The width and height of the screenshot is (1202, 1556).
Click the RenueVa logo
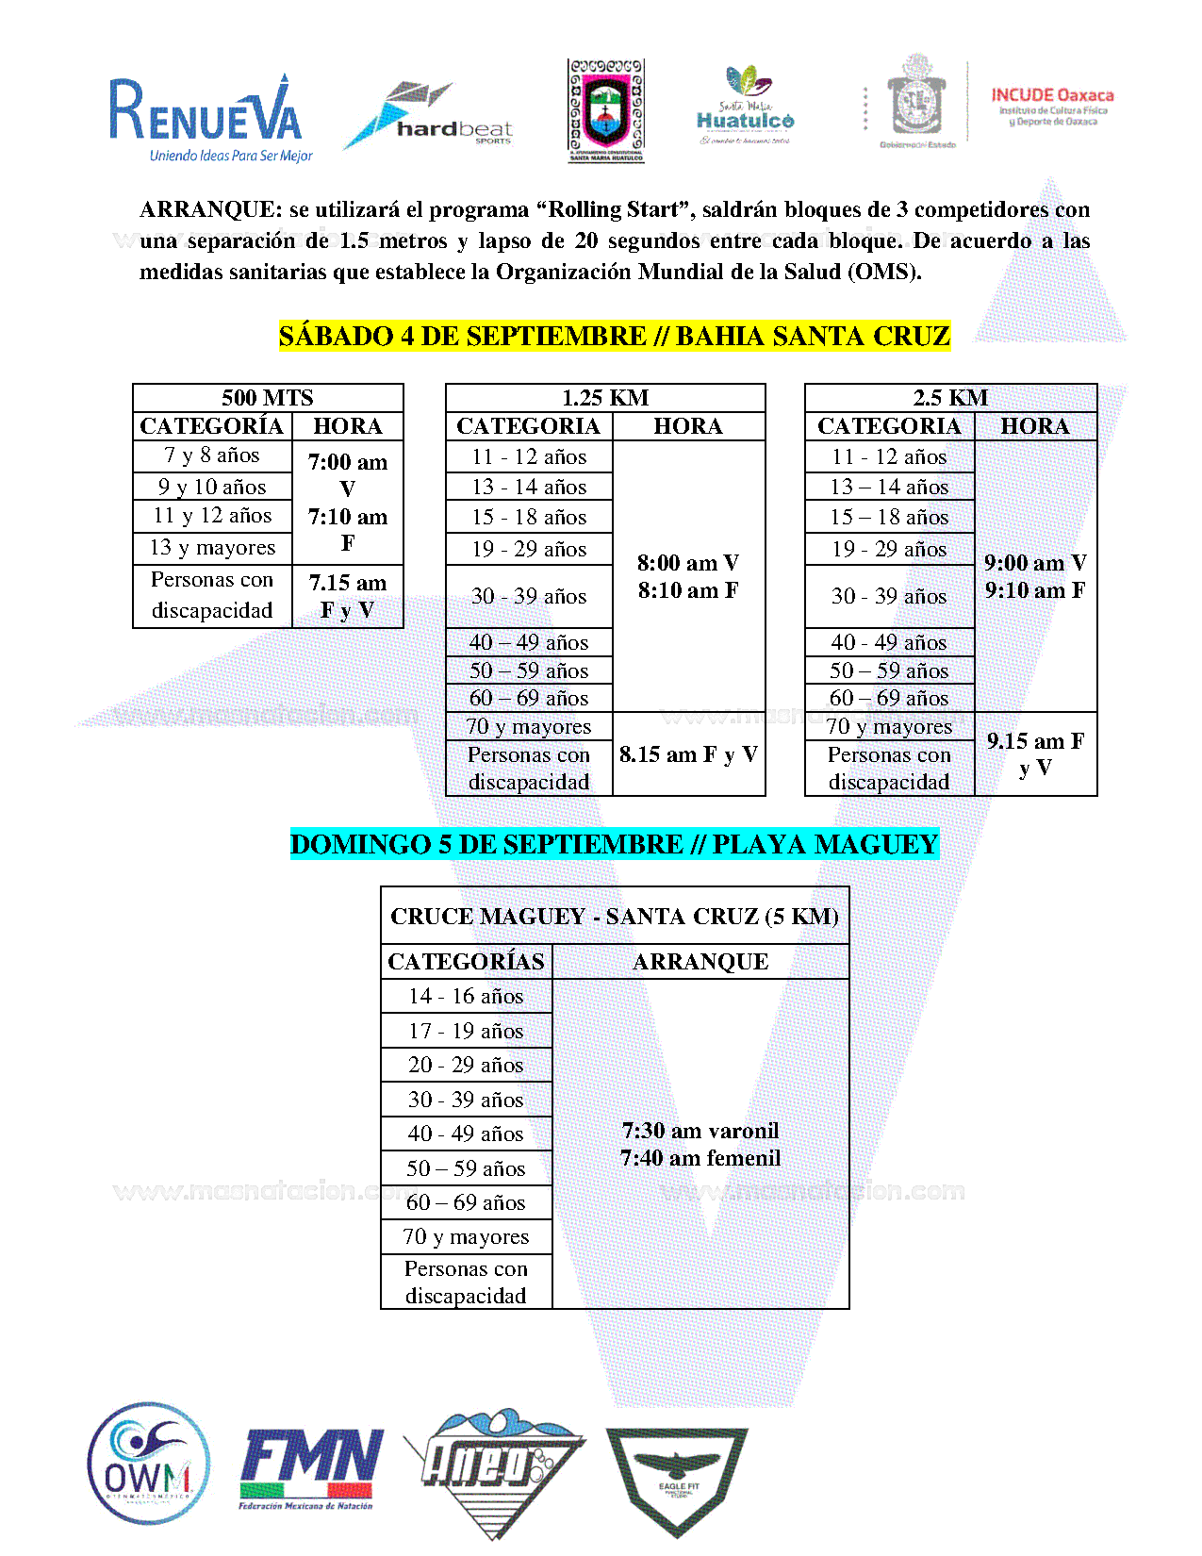click(209, 118)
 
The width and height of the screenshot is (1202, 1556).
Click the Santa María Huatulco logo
click(745, 106)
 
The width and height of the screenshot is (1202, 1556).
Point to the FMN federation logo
click(311, 1466)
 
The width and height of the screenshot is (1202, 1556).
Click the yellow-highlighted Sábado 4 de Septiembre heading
click(615, 336)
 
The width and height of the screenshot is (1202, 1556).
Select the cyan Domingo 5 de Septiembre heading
click(615, 844)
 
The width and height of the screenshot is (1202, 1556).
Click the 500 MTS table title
click(268, 398)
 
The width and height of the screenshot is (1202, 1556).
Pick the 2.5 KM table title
click(950, 398)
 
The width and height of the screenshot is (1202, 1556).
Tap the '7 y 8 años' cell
click(212, 455)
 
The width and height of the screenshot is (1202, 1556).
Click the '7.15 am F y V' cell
click(348, 596)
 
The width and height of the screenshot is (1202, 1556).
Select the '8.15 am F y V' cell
click(688, 754)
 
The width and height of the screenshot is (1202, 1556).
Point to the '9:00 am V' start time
click(1035, 563)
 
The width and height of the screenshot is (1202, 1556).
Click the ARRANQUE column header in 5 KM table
click(700, 962)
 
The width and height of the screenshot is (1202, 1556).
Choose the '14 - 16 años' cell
click(466, 996)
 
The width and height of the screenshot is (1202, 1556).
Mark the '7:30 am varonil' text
click(700, 1131)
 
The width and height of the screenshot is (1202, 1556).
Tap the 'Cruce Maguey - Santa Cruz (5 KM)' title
click(615, 917)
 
